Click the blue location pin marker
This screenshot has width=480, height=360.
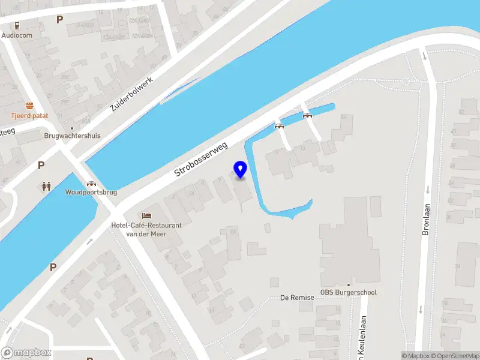241,170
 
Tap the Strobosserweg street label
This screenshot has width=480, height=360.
201,158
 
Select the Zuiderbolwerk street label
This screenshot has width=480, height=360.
132,94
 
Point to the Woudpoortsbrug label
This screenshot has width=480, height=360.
91,193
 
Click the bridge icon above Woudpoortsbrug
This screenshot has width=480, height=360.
91,184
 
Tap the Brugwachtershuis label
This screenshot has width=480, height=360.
72,136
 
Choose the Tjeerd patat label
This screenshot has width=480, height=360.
29,115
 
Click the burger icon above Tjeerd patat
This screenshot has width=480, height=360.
29,106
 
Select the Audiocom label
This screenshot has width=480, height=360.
17,35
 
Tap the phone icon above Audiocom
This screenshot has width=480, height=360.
17,25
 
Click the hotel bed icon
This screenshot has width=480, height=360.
146,215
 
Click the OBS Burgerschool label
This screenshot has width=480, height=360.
349,293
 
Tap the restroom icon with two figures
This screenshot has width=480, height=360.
46,186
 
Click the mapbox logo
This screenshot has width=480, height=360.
26,353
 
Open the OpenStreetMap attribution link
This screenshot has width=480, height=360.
454,356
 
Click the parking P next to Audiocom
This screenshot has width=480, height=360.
59,19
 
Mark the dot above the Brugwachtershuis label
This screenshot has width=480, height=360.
72,128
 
